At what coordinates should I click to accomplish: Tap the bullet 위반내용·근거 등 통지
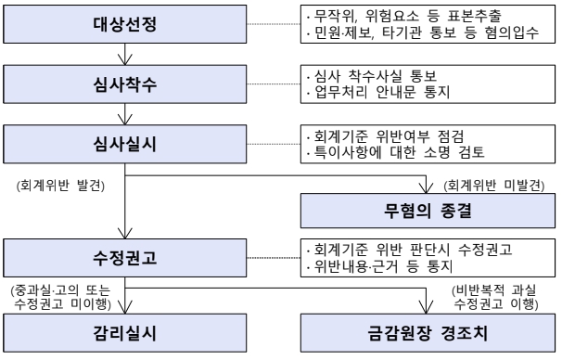[380, 266]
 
